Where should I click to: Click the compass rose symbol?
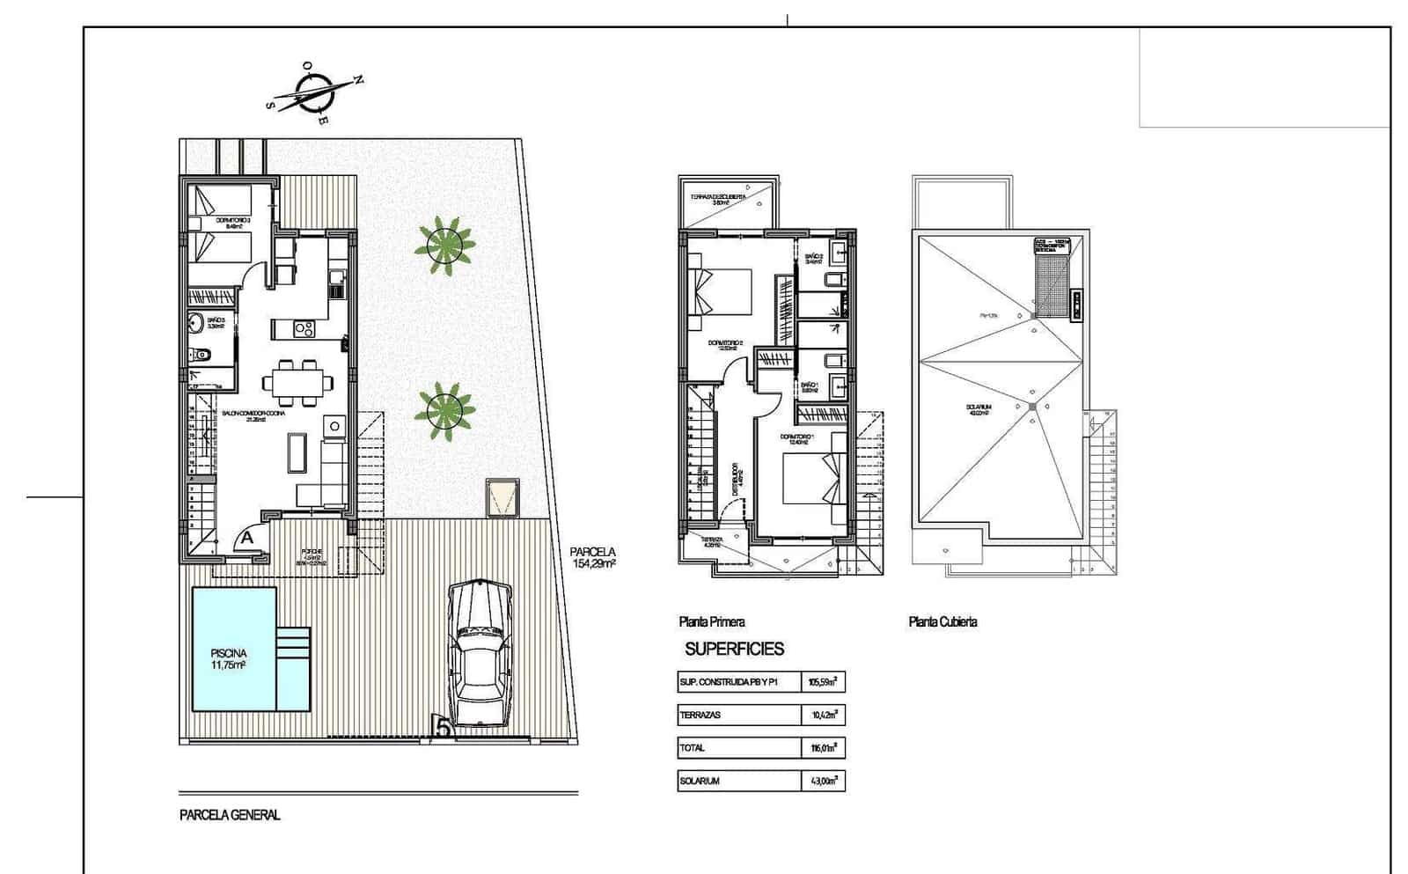(x=313, y=92)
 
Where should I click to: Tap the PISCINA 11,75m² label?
(x=227, y=659)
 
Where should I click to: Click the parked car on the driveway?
(x=480, y=653)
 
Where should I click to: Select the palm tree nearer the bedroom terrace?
(x=444, y=246)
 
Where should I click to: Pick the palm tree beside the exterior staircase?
(x=444, y=409)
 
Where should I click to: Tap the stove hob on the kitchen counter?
(x=304, y=329)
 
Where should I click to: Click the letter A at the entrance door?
(x=247, y=536)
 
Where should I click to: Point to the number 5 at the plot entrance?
(x=443, y=727)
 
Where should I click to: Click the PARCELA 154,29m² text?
(x=594, y=558)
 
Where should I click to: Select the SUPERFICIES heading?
(x=734, y=650)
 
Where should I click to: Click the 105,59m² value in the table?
(x=823, y=682)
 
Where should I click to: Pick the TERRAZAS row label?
(x=700, y=716)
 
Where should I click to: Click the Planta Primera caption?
(x=711, y=622)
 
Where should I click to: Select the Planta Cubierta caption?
(x=942, y=622)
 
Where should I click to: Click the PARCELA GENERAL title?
(x=230, y=816)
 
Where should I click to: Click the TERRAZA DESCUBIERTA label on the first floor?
(x=718, y=199)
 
